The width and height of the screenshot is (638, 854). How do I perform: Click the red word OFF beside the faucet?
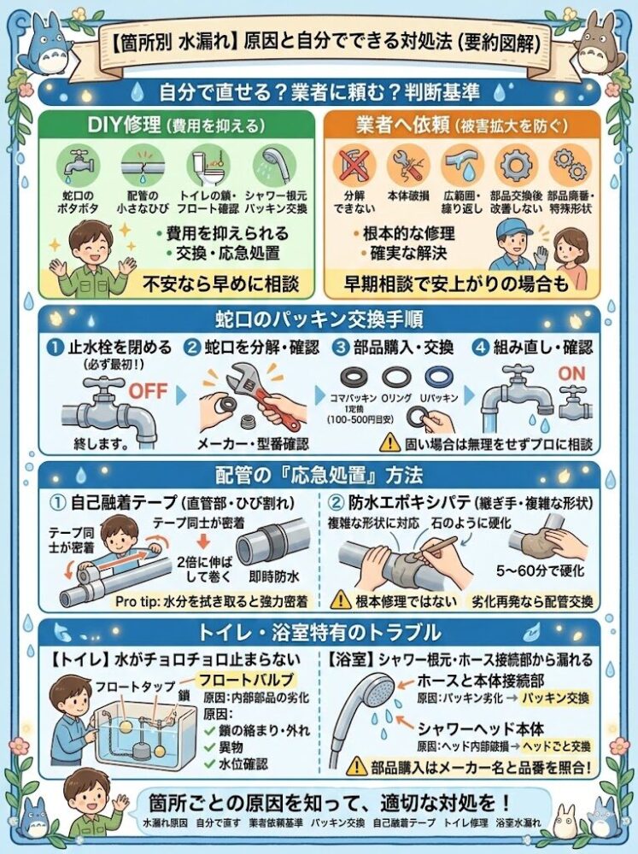[148, 390]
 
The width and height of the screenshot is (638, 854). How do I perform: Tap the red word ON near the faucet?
[571, 374]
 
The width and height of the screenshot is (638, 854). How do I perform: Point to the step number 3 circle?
[341, 348]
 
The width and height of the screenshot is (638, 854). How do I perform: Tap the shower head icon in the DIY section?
[274, 165]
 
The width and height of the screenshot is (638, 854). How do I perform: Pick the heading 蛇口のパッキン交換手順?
[319, 319]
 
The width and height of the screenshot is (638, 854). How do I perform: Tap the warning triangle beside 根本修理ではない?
[341, 600]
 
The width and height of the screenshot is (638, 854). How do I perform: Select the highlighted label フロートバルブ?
[248, 680]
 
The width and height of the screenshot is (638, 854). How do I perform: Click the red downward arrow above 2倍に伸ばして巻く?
[203, 541]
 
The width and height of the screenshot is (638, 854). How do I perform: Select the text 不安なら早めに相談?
[220, 284]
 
